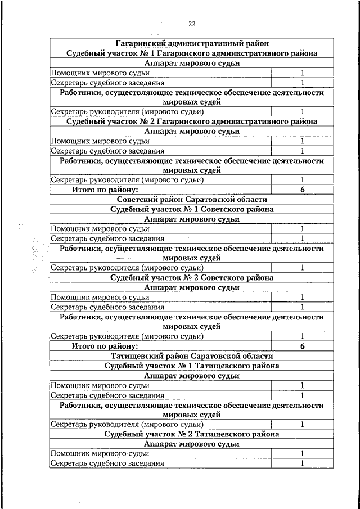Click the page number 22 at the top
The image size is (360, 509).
tap(192, 24)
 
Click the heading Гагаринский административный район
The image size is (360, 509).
tap(192, 43)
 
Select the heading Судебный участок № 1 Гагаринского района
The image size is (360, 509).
tap(192, 53)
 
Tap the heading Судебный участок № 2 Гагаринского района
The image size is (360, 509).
tap(192, 121)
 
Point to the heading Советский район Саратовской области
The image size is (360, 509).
tap(192, 199)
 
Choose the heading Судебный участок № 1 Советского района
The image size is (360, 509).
tap(192, 209)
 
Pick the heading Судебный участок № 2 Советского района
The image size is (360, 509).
tap(192, 278)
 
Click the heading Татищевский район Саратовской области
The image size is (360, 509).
tap(192, 356)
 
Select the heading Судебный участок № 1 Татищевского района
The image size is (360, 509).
tap(192, 366)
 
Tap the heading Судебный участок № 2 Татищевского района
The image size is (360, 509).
tap(192, 434)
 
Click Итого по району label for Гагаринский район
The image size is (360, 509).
tap(105, 190)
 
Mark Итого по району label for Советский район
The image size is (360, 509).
tap(105, 346)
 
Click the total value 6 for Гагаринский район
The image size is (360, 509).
tap(302, 190)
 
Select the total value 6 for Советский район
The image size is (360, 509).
tap(302, 346)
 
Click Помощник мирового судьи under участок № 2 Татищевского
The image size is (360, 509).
tap(100, 453)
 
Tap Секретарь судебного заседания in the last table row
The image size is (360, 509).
tap(107, 463)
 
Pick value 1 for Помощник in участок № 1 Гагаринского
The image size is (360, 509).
tap(302, 73)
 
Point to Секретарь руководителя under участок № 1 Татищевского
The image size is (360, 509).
tap(127, 424)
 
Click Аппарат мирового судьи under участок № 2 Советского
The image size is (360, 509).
tap(192, 287)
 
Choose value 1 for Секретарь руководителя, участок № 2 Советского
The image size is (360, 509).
tap(302, 336)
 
